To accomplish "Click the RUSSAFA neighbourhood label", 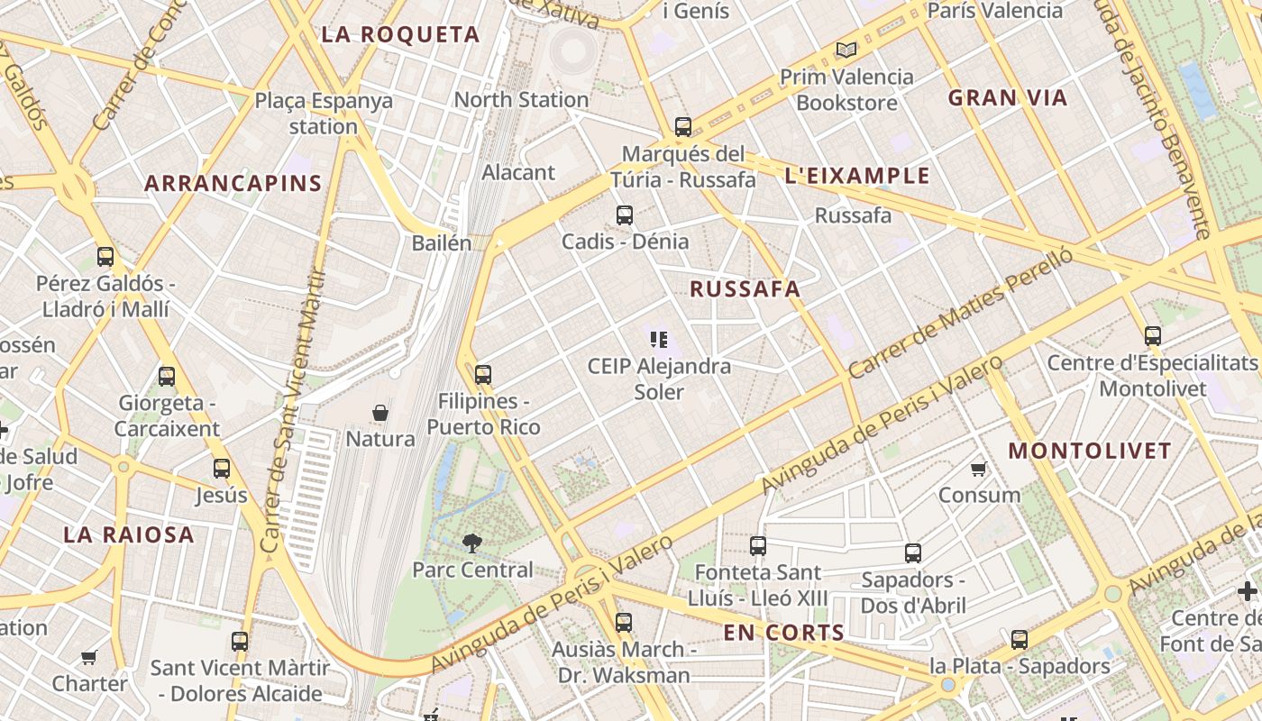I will [x=745, y=289].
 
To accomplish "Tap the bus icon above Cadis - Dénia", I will [x=624, y=215].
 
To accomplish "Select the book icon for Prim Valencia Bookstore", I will [x=845, y=50].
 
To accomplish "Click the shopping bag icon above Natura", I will [x=380, y=413].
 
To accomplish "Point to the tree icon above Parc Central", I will [x=471, y=543].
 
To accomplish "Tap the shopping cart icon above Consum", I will [x=979, y=469].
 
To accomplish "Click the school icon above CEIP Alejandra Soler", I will [x=659, y=340].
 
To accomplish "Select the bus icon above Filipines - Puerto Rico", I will [x=483, y=374].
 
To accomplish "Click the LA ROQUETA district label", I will [x=400, y=35].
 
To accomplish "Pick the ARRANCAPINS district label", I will [x=233, y=184].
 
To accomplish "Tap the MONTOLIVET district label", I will [x=1089, y=451].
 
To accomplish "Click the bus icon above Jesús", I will [x=222, y=469].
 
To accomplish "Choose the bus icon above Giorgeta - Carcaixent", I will [x=167, y=376].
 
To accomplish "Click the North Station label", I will [x=521, y=100].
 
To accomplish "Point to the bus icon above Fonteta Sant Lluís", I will [x=758, y=545].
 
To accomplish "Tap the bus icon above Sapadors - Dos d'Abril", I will [x=913, y=552].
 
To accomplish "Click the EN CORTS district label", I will [x=783, y=633].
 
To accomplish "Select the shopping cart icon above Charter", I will [x=88, y=657].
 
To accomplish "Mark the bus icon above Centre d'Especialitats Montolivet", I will [x=1152, y=336].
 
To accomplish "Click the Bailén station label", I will [x=442, y=243].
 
